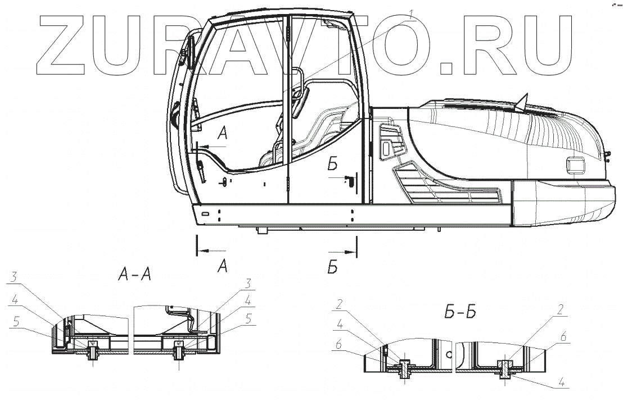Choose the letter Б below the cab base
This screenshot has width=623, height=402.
coord(332,268)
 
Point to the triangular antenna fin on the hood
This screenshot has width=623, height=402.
coord(523,101)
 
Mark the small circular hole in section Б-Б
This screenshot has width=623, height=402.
coord(449,355)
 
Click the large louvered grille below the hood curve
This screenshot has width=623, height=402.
coord(450,188)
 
